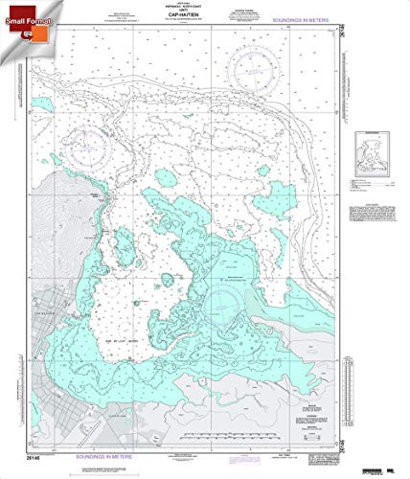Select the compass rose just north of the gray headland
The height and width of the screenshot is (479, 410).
point(85,148)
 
